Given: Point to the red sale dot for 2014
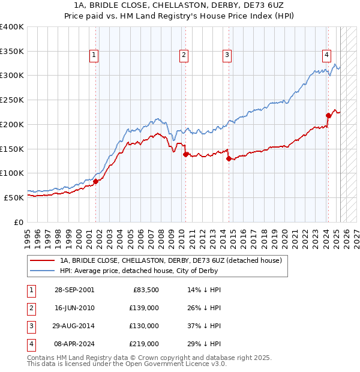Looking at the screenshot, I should point(228,159).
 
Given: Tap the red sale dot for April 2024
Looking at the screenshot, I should point(328,115).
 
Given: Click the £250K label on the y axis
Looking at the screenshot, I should point(12,100).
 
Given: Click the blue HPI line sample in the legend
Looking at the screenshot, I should point(43,271).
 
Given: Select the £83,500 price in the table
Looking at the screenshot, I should point(145,290).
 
